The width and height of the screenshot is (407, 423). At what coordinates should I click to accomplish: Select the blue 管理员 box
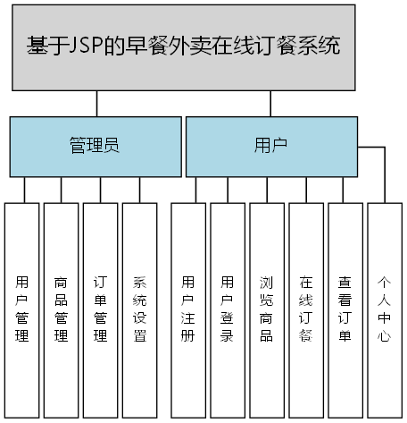[x=94, y=146]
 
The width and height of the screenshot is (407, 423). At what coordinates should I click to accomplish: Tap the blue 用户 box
[x=270, y=146]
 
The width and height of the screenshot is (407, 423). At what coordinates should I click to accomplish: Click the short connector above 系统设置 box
[x=140, y=190]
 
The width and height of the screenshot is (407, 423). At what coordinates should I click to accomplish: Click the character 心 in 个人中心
[x=384, y=337]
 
